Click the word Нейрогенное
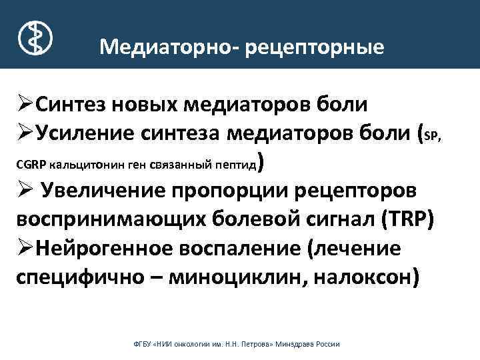pyautogui.click(x=103, y=249)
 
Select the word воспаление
pyautogui.click(x=237, y=249)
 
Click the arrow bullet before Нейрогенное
pyautogui.click(x=25, y=249)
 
